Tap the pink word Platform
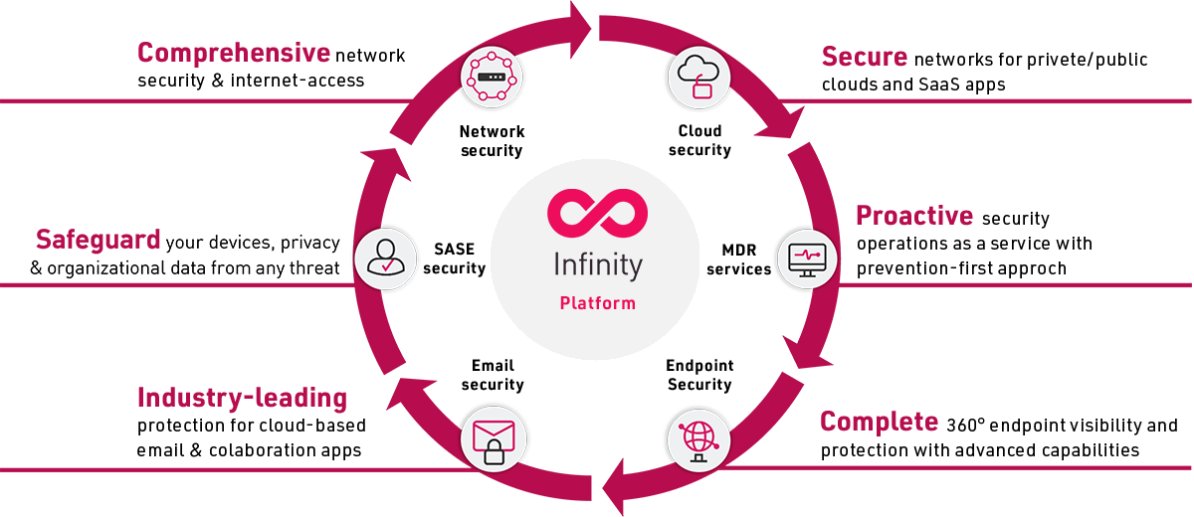[597, 303]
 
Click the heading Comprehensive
[234, 53]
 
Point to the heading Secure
[867, 58]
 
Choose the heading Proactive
[914, 216]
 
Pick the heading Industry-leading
[242, 399]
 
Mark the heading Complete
[880, 422]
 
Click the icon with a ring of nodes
[490, 78]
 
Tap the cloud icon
[700, 77]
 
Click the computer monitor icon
[807, 259]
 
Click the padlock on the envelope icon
[495, 453]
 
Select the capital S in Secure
[833, 58]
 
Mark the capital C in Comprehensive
[146, 53]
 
